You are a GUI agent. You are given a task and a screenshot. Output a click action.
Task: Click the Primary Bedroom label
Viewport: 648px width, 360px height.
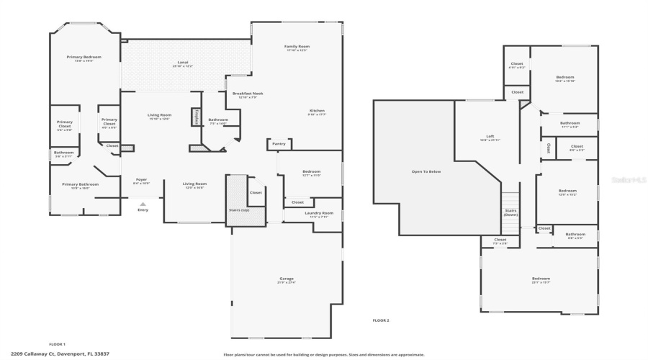click(84, 57)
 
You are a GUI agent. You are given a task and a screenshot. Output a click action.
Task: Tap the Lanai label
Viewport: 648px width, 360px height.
click(183, 63)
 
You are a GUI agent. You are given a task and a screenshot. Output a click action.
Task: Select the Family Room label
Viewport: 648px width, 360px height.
click(297, 47)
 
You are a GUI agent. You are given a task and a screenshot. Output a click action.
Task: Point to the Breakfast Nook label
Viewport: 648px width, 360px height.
click(248, 94)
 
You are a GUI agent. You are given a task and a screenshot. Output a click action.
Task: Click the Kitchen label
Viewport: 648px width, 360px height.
click(317, 111)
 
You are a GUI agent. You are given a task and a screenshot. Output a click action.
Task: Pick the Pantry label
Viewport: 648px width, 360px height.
click(279, 144)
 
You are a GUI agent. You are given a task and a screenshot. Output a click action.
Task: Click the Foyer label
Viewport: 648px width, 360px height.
click(140, 181)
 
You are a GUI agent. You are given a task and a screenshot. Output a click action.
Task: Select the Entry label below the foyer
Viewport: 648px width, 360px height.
click(143, 210)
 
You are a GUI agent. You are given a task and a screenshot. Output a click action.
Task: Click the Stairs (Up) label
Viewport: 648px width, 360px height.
click(239, 210)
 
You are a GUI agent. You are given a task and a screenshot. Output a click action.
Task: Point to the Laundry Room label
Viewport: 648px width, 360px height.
click(318, 213)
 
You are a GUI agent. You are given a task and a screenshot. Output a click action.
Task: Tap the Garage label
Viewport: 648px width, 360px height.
click(286, 279)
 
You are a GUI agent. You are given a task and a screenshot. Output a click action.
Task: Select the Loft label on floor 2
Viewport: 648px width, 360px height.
click(490, 137)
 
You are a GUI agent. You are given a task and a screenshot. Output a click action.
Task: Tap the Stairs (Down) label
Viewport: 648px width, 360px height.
click(510, 212)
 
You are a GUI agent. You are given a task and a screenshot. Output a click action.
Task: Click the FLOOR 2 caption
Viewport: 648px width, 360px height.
click(380, 320)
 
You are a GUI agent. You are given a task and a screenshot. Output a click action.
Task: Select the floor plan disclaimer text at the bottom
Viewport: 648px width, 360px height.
click(323, 354)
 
